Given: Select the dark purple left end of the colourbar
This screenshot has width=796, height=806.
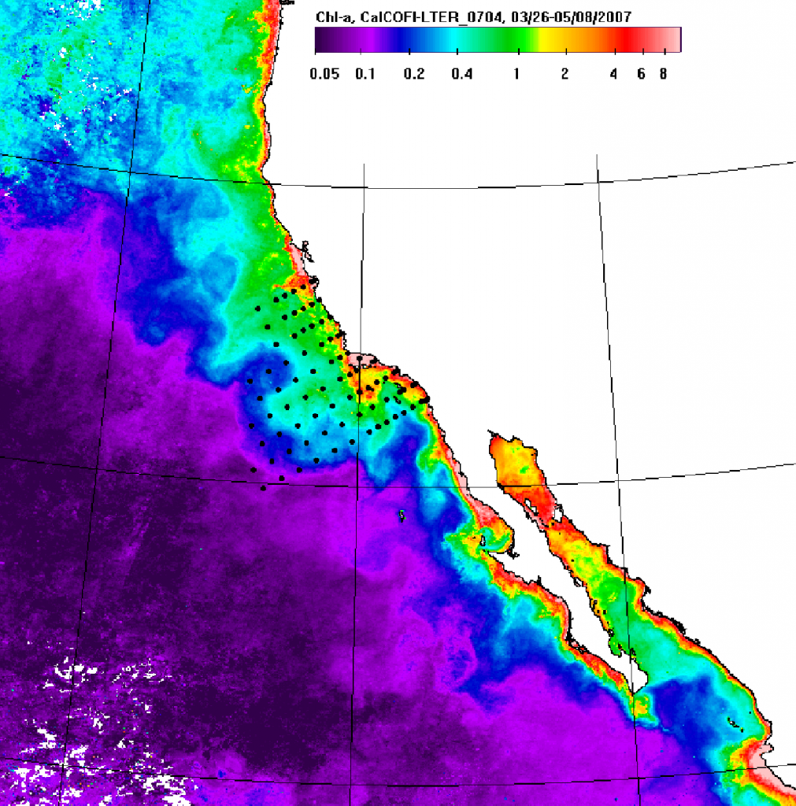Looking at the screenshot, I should (x=321, y=39).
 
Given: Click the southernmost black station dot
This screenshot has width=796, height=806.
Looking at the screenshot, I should (x=264, y=488).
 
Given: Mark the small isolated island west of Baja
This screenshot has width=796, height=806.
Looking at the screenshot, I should (x=402, y=516).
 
